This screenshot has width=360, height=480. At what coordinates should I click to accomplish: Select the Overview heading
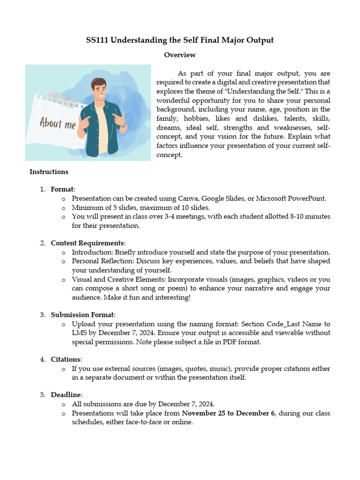(180, 55)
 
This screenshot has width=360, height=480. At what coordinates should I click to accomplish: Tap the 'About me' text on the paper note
(58, 124)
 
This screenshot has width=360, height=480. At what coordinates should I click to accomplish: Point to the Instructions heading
(49, 172)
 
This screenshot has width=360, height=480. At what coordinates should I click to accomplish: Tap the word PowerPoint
(307, 198)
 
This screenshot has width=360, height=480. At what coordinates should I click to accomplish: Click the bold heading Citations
(66, 360)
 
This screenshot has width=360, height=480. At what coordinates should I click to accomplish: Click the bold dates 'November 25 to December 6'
(228, 413)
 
